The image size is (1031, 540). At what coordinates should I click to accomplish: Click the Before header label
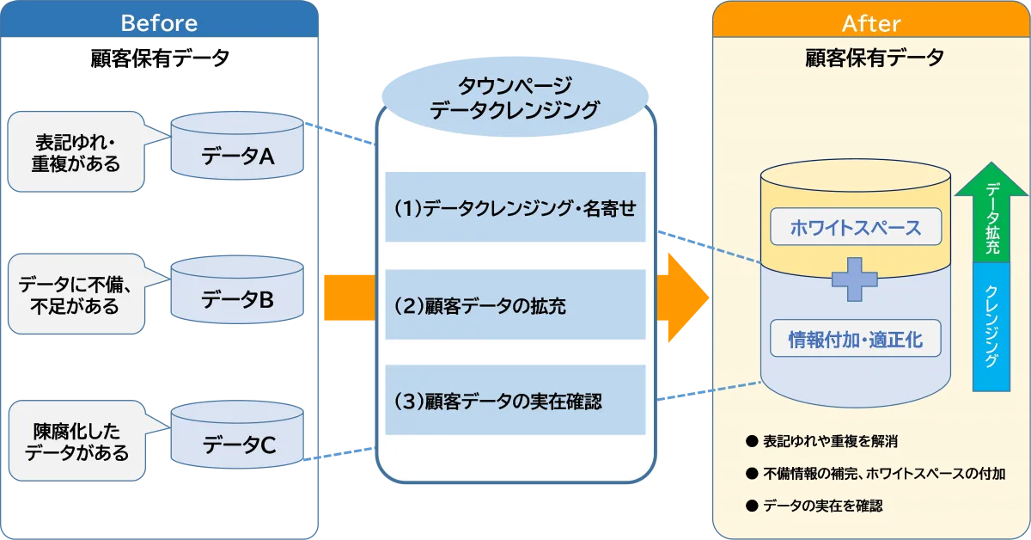pyautogui.click(x=159, y=22)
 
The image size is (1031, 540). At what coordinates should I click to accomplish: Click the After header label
pyautogui.click(x=870, y=22)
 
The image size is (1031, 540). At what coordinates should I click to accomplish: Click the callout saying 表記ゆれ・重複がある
pyautogui.click(x=76, y=151)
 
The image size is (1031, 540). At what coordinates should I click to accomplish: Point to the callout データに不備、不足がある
pyautogui.click(x=76, y=293)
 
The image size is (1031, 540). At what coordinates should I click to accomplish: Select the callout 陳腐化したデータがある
pyautogui.click(x=76, y=441)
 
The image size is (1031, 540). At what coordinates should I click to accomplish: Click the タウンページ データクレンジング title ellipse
pyautogui.click(x=515, y=97)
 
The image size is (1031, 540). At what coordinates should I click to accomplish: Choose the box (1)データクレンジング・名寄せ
pyautogui.click(x=515, y=207)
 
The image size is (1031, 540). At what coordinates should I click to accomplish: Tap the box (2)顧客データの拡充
pyautogui.click(x=515, y=304)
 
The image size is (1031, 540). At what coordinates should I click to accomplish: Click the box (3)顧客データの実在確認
pyautogui.click(x=515, y=400)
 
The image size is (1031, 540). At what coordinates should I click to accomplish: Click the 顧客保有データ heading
pyautogui.click(x=870, y=58)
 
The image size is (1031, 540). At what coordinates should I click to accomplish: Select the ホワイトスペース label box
pyautogui.click(x=856, y=227)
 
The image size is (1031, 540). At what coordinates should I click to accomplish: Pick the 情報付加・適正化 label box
pyautogui.click(x=856, y=339)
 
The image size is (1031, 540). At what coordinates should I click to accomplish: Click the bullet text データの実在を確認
pyautogui.click(x=822, y=506)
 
